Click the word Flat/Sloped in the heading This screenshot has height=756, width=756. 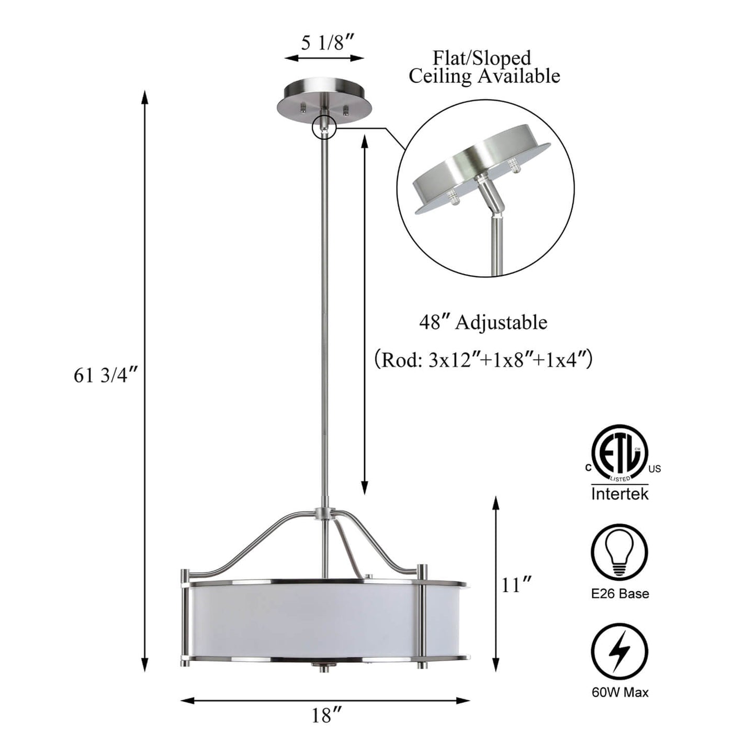482,58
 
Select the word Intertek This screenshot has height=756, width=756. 620,493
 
